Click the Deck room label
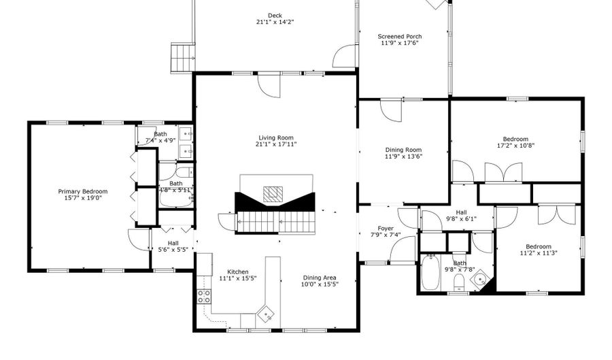point(275,16)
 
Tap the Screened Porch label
point(400,36)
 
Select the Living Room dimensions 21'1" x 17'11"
point(275,144)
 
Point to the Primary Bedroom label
point(83,191)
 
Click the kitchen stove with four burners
point(204,297)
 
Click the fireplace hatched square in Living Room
point(273,194)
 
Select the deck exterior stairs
point(183,57)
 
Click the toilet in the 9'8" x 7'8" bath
point(459,281)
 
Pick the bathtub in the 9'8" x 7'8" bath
point(430,272)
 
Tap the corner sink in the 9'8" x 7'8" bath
point(480,279)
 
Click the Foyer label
point(386,228)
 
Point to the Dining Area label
point(320,278)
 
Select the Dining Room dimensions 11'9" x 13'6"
point(403,157)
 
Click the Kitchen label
point(238,272)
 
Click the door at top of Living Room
point(269,86)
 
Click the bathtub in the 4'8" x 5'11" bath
point(176,198)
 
